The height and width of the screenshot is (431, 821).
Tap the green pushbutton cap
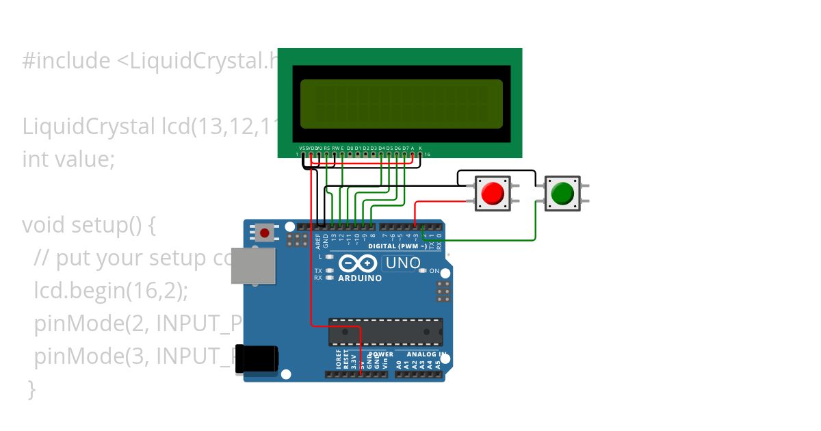point(562,193)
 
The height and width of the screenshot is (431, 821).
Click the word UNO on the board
point(403,263)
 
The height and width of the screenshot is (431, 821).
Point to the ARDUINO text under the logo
point(360,278)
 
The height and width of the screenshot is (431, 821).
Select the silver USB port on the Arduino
point(254,265)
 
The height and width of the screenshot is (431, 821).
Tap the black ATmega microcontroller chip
point(385,332)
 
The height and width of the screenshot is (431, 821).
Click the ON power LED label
point(434,272)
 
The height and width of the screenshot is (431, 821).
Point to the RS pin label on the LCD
point(327,148)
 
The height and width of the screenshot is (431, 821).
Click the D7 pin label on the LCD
point(405,148)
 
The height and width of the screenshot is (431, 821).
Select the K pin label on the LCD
point(420,148)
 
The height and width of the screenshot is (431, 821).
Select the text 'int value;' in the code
point(68,159)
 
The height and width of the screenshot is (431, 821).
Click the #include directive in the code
point(66,61)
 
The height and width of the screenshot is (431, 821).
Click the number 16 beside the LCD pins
point(427,155)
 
